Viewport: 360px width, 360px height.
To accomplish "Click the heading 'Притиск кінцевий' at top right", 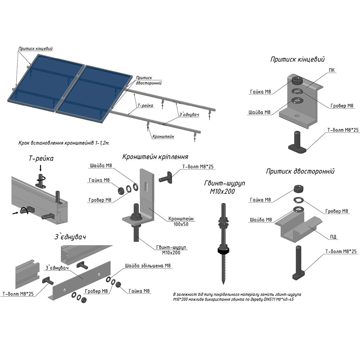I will tap(297, 60).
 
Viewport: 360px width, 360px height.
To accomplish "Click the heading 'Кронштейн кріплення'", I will tap(155, 157).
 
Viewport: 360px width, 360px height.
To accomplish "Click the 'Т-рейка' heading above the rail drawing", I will tap(41, 158).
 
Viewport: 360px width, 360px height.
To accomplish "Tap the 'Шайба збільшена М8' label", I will tap(148, 266).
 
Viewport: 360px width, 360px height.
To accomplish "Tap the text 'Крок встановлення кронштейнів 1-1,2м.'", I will tap(64, 143).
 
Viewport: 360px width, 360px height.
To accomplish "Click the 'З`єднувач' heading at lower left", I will tap(70, 237).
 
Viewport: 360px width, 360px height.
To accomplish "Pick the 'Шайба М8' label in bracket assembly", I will tap(101, 166).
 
